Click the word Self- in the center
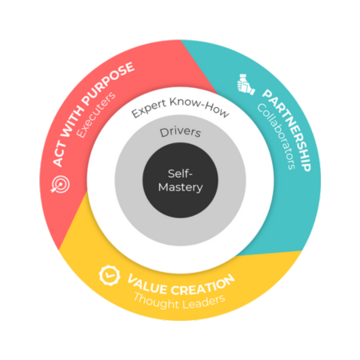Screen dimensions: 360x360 [x=180, y=173]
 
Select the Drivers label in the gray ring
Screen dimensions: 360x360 [x=180, y=131]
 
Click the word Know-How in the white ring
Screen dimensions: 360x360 [x=201, y=111]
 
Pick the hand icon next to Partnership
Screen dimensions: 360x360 [x=246, y=83]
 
